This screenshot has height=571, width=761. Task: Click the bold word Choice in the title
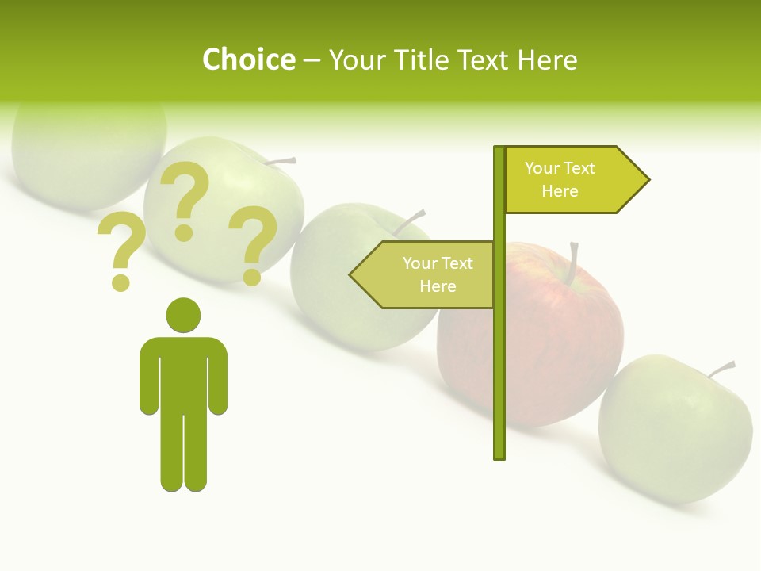point(248,59)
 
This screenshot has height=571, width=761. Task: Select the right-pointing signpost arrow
point(575,180)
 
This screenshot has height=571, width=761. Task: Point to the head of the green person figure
point(183,314)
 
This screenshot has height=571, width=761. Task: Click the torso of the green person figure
point(183,373)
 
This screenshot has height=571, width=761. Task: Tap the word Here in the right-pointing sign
point(560,191)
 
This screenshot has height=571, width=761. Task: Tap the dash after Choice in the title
point(312,60)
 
